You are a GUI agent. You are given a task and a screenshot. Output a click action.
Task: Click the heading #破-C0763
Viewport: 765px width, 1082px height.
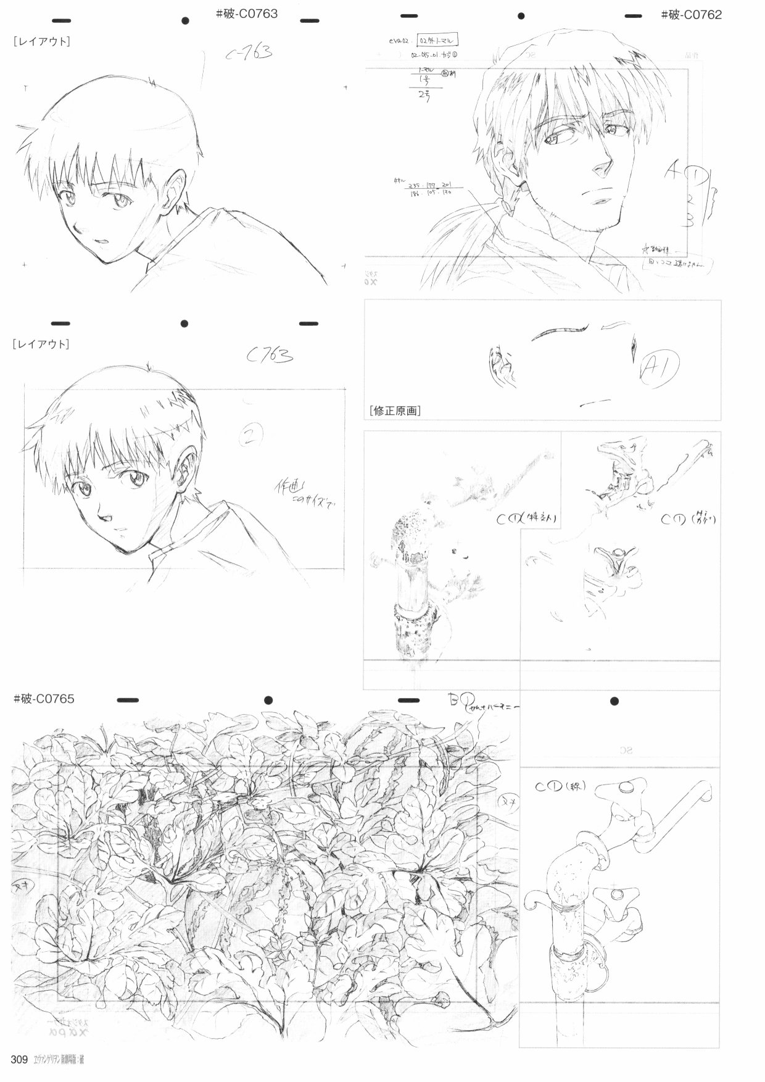(246, 13)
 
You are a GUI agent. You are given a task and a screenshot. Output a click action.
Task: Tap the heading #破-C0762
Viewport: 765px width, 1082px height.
(691, 15)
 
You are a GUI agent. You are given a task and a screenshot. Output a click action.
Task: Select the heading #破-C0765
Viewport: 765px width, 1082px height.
(44, 699)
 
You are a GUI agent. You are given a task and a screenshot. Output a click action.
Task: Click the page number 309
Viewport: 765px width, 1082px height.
(20, 1060)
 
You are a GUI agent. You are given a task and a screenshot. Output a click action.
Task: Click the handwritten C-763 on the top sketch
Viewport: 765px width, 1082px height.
(248, 54)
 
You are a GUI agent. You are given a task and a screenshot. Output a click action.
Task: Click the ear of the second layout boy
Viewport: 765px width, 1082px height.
(186, 469)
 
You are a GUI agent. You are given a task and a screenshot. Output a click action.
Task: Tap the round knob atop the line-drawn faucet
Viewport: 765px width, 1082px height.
(624, 787)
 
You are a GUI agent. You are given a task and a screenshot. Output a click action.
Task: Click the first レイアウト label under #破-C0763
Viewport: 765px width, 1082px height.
(41, 42)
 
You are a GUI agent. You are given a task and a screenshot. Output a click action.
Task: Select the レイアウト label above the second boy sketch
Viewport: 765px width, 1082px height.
(41, 344)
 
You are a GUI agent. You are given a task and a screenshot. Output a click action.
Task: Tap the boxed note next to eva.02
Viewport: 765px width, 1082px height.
(437, 41)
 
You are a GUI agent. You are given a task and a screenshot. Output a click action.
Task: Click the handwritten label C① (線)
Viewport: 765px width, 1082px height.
(560, 787)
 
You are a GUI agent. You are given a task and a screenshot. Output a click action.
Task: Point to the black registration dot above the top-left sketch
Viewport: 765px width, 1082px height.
(184, 21)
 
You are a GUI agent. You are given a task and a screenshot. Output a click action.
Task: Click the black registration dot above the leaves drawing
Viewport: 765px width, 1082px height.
(268, 701)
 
